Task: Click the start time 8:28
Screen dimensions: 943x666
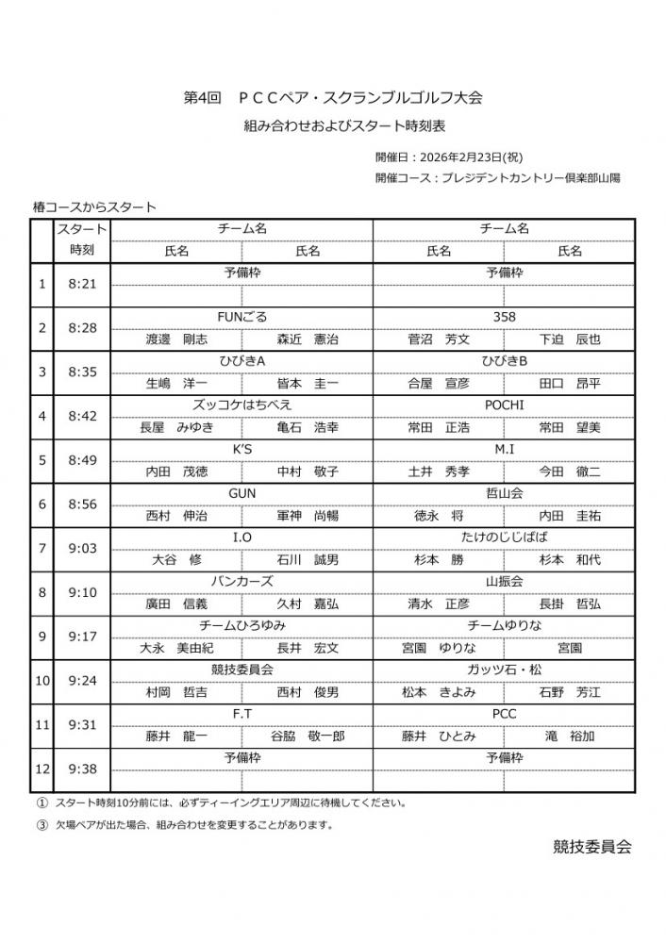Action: [82, 327]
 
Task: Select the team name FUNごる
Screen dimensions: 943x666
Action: [242, 317]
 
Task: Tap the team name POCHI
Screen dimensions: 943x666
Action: [504, 405]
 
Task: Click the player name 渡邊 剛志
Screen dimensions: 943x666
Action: [176, 339]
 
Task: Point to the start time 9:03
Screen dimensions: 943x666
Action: [82, 548]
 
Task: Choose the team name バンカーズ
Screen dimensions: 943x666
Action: [242, 582]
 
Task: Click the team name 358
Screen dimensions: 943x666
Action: [504, 317]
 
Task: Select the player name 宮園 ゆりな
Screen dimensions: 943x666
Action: [439, 648]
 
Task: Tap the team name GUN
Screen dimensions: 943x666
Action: [242, 493]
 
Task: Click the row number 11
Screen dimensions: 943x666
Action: [42, 724]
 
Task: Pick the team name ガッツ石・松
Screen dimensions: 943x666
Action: [504, 670]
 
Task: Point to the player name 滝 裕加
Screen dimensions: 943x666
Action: [570, 736]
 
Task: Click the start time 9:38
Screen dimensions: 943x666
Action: [82, 769]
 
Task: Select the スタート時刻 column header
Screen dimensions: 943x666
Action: [82, 240]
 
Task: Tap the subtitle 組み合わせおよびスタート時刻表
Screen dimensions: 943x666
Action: [333, 127]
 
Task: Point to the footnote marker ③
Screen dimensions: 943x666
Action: [42, 824]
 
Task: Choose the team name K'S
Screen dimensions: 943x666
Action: [242, 449]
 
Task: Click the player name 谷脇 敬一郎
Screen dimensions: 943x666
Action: [308, 736]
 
